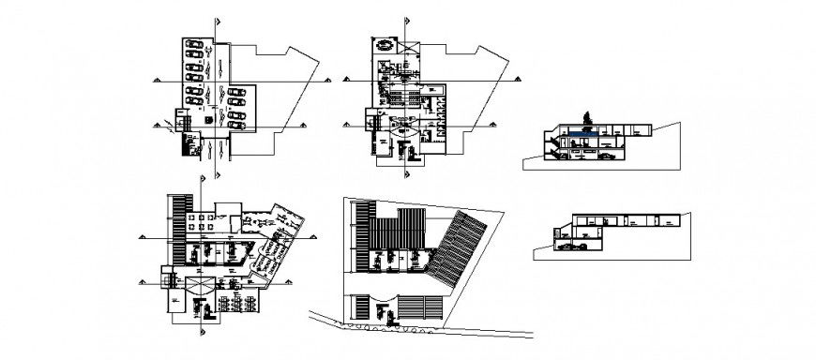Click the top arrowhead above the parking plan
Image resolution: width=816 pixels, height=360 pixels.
click(x=218, y=21)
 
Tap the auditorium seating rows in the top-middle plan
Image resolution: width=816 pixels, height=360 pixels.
click(x=402, y=96)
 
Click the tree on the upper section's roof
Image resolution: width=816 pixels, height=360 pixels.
click(x=588, y=116)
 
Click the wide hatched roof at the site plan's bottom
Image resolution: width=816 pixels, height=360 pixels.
click(x=422, y=306)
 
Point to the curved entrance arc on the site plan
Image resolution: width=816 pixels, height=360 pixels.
click(x=385, y=302)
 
